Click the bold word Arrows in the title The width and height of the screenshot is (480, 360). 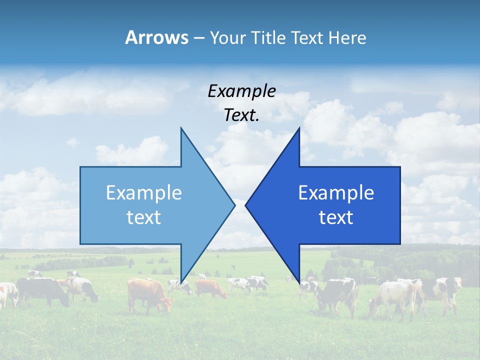click(x=156, y=37)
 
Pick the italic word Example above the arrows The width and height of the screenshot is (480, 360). click(x=242, y=91)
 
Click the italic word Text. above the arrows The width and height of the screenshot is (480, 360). click(x=242, y=115)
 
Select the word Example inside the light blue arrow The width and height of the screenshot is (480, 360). click(x=144, y=193)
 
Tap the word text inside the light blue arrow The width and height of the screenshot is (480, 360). click(x=144, y=217)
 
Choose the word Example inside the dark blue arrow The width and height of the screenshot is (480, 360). click(x=336, y=193)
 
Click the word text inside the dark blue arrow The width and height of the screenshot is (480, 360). click(x=336, y=217)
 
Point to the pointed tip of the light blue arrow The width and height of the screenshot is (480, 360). click(x=234, y=205)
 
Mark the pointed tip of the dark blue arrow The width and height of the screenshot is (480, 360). click(x=245, y=205)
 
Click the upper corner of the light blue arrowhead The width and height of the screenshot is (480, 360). click(x=181, y=128)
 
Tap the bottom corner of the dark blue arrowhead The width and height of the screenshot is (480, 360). click(x=299, y=283)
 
